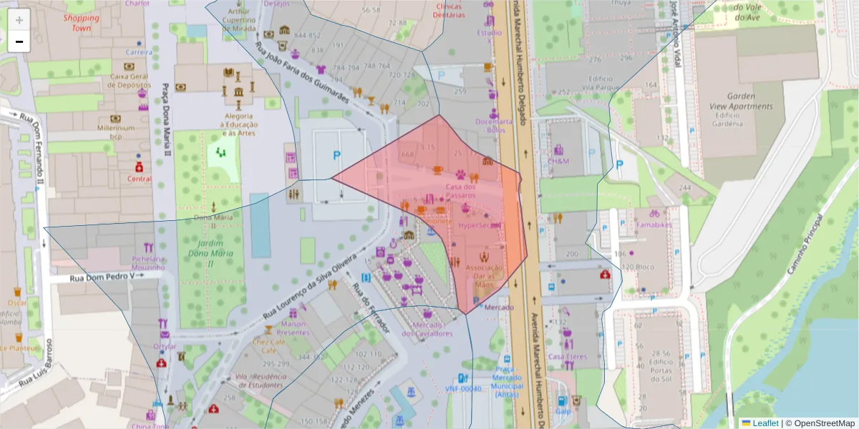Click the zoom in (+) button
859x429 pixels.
pyautogui.click(x=19, y=19)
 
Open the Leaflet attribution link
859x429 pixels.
pyautogui.click(x=765, y=423)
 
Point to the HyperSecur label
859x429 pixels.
pyautogui.click(x=479, y=225)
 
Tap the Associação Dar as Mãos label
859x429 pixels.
pyautogui.click(x=485, y=276)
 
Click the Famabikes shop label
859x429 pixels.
pyautogui.click(x=654, y=225)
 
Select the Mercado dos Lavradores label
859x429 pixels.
pyautogui.click(x=427, y=328)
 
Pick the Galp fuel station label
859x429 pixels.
pyautogui.click(x=563, y=412)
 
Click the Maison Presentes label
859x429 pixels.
pyautogui.click(x=293, y=328)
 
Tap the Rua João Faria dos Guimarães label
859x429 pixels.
pyautogui.click(x=303, y=72)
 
